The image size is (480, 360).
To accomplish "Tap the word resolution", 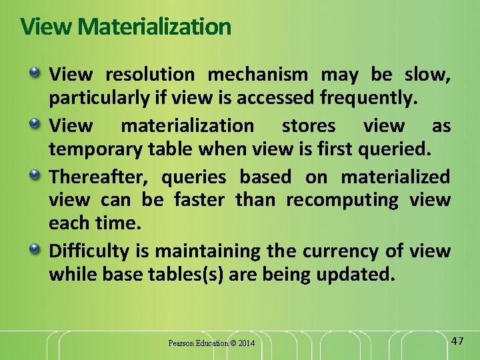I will click(150, 75).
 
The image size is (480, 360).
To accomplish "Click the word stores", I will click(309, 126).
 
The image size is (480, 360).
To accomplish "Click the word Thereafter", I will click(99, 177).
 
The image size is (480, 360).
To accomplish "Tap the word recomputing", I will click(351, 200).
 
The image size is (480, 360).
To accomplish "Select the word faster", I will click(199, 200).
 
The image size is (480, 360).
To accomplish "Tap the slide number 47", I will click(457, 341).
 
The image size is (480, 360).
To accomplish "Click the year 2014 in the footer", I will click(245, 344).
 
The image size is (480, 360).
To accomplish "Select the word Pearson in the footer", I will click(181, 344).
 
